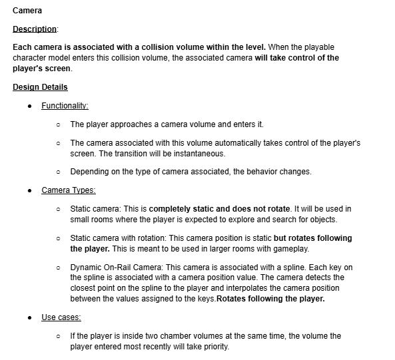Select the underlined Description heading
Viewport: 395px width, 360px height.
pos(35,29)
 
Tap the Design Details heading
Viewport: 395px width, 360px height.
pos(40,87)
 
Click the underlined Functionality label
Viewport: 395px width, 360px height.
pos(65,106)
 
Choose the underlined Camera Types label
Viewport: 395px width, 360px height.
pos(68,190)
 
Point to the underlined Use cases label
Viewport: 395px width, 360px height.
pos(61,317)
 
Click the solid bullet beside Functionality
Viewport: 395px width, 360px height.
pos(30,106)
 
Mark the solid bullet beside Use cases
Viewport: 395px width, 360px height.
pos(30,318)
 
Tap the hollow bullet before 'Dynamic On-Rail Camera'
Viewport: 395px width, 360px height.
pos(59,268)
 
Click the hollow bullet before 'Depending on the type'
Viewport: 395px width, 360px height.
pos(59,172)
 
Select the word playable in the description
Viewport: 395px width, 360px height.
pos(316,48)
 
